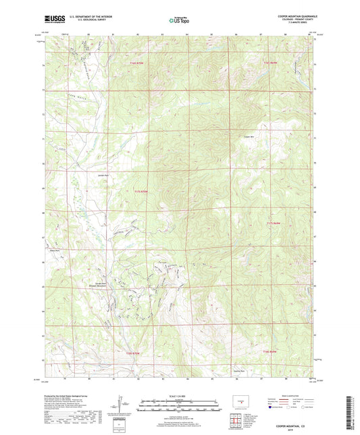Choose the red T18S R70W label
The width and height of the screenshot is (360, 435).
137,351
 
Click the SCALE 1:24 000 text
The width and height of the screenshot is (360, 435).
180,396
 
